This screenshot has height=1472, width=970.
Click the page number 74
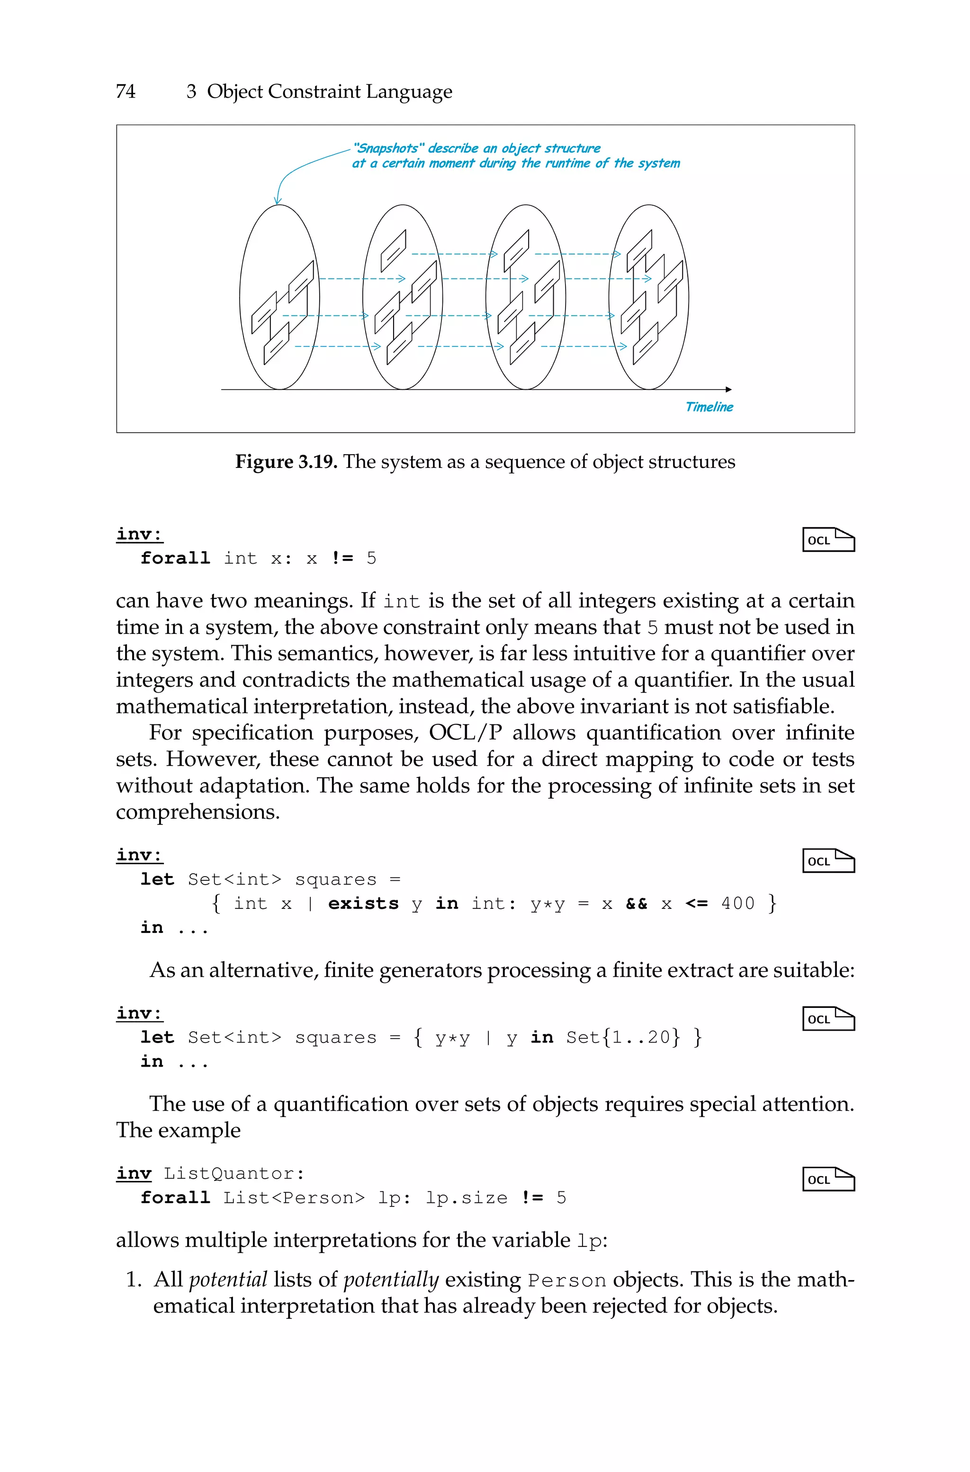pos(126,91)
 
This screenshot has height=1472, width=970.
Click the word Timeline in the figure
pos(709,407)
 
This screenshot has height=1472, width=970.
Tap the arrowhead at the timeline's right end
pos(729,389)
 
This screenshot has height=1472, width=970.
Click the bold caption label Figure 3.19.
pos(286,462)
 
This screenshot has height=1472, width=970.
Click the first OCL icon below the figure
pos(828,540)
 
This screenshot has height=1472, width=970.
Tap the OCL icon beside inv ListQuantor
pos(828,1179)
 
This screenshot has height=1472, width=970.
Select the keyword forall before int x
pos(175,558)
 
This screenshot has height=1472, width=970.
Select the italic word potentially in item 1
pos(391,1280)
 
